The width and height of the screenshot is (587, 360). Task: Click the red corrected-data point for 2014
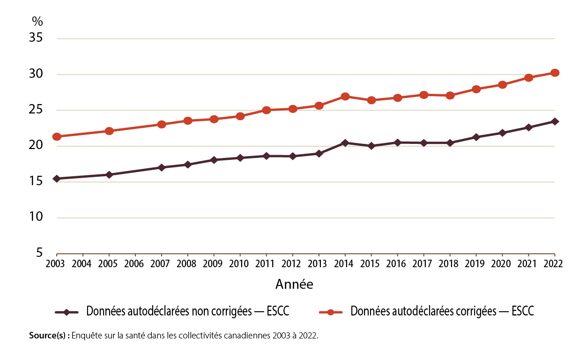(345, 97)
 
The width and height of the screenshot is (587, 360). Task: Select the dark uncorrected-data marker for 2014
(345, 142)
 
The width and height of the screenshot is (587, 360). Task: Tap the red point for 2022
(555, 73)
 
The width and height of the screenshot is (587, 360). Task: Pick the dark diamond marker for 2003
(57, 179)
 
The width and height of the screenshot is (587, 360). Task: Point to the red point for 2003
(57, 137)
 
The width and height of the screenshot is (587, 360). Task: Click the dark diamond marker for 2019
(476, 137)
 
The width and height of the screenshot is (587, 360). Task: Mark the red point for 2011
(267, 110)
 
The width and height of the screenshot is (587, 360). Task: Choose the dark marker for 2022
(555, 121)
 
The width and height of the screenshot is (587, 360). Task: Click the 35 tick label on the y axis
(36, 38)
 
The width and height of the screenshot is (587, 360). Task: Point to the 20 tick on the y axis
(36, 146)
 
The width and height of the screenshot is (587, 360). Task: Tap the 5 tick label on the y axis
(39, 254)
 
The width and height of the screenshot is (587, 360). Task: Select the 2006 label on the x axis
(135, 264)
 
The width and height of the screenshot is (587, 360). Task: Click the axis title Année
(294, 285)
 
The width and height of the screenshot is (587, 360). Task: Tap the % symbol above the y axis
(37, 21)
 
